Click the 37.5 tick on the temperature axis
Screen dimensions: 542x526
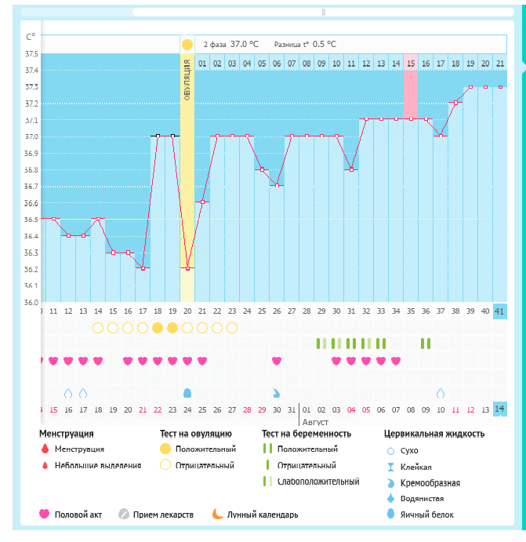coord(31,53)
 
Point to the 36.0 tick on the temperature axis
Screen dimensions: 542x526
coord(31,302)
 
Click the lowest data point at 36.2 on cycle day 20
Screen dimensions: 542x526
coord(187,268)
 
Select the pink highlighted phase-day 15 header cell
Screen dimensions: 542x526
coord(411,63)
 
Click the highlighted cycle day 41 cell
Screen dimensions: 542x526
coord(499,311)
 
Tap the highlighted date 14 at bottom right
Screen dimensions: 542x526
coord(499,409)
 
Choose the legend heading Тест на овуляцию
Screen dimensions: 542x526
coord(195,433)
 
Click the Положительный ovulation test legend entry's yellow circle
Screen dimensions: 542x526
coord(165,449)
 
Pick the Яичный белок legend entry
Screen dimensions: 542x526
coord(426,515)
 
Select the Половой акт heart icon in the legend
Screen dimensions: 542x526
coord(45,515)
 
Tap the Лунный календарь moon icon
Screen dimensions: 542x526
coord(216,515)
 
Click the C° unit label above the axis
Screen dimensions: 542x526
coord(30,37)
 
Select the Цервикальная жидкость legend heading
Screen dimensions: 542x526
coord(433,433)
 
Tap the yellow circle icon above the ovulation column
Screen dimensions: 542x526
coord(187,45)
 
